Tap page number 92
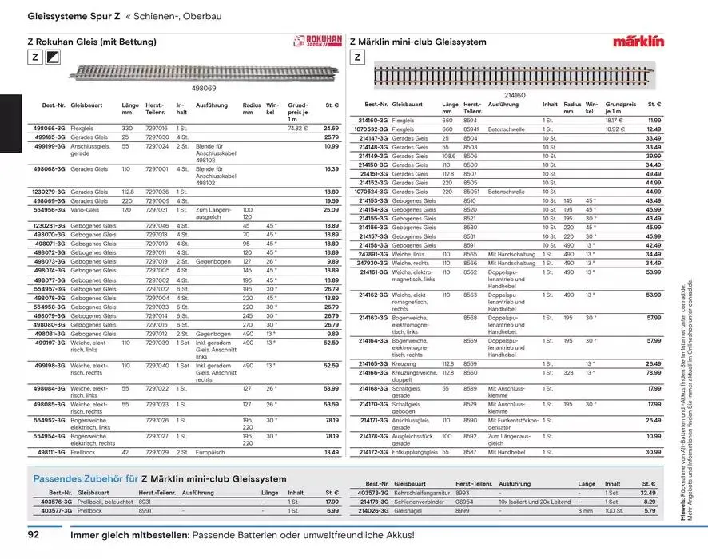(38, 534)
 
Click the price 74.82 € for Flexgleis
(297, 128)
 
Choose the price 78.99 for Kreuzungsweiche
(654, 372)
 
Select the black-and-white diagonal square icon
(54, 58)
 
